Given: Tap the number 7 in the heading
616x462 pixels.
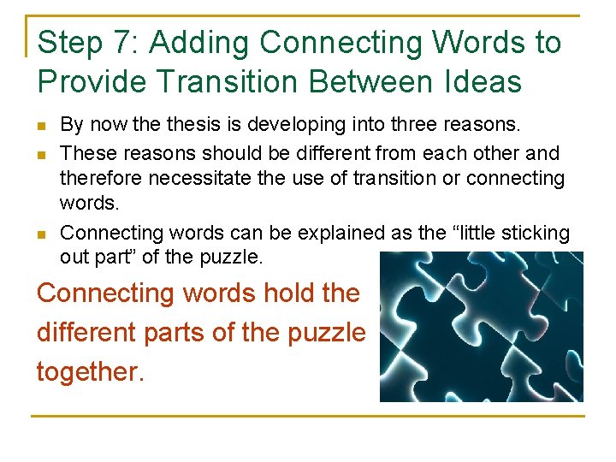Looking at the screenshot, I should tap(119, 43).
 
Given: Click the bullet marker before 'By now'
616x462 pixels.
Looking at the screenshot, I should tap(42, 127).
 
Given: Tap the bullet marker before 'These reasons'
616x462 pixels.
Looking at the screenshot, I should tap(42, 154).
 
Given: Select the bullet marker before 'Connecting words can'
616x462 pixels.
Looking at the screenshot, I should tap(42, 234).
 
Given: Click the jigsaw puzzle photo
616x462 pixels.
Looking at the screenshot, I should tap(481, 327).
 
